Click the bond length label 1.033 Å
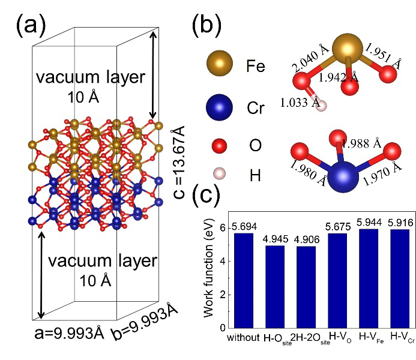(300, 103)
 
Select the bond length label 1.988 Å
(360, 143)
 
